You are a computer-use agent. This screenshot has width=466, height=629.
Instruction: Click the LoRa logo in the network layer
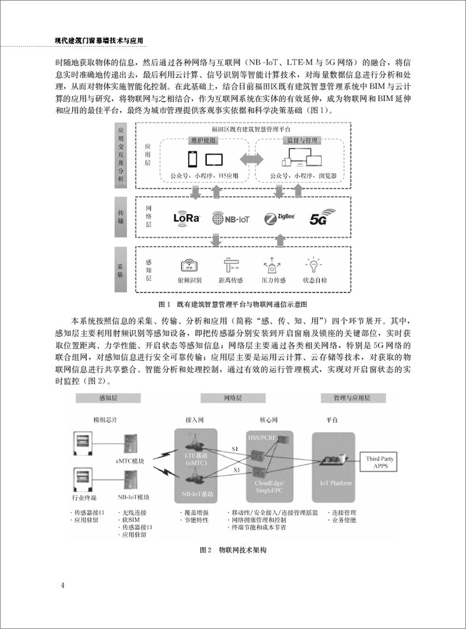187,217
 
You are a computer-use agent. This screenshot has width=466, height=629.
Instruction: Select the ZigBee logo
279,218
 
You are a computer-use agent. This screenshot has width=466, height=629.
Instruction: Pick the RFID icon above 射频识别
190,265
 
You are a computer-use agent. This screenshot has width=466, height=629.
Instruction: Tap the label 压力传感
273,280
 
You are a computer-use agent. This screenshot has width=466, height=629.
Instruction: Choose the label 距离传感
230,280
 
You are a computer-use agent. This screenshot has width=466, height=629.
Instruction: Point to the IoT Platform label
336,483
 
